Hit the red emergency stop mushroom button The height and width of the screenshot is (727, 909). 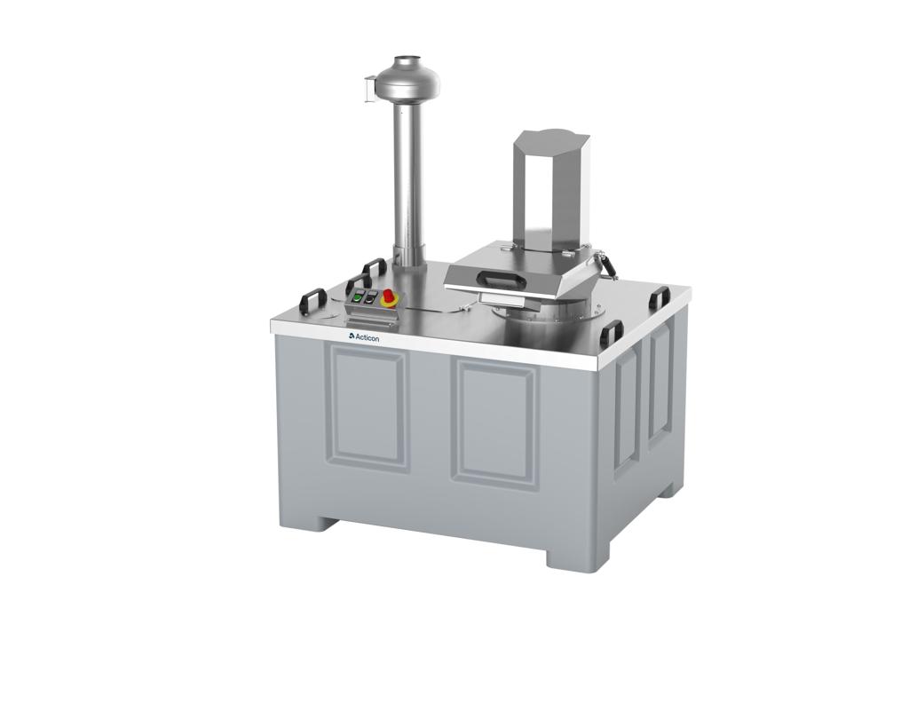[388, 297]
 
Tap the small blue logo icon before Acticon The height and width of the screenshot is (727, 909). [352, 336]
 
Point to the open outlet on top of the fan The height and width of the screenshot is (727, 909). [407, 61]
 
